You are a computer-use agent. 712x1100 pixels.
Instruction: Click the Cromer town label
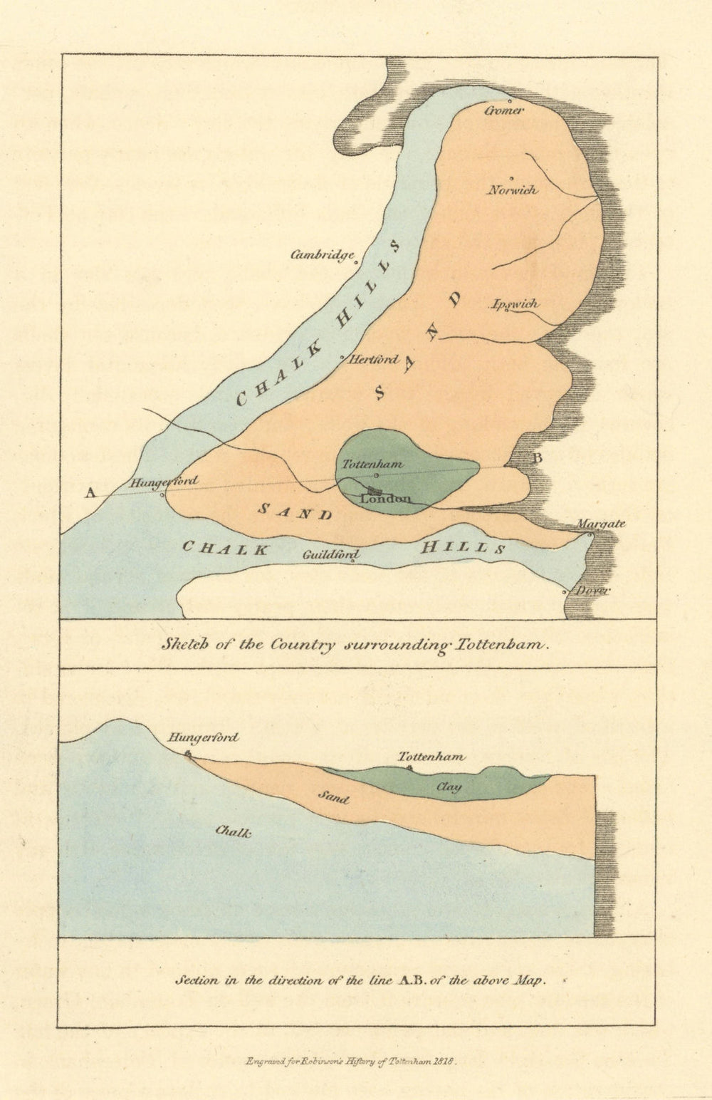tap(504, 110)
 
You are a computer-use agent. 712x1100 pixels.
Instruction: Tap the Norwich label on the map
tap(513, 190)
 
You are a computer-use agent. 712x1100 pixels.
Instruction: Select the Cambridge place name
tap(322, 255)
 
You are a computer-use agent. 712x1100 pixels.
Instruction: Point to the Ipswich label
tap(515, 304)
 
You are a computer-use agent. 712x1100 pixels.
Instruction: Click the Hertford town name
tap(373, 360)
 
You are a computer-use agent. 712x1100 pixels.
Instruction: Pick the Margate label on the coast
tap(600, 524)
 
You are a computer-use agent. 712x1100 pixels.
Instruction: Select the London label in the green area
tap(385, 499)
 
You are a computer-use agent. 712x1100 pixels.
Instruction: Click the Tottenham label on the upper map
tap(372, 464)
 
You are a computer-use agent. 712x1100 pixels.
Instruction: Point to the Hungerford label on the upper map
tap(165, 482)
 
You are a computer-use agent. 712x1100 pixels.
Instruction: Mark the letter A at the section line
tap(90, 492)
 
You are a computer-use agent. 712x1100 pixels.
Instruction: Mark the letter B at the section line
tap(538, 458)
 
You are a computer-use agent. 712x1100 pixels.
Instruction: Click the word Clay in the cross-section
tap(449, 787)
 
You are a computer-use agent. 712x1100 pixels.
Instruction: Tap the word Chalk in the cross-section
tap(233, 831)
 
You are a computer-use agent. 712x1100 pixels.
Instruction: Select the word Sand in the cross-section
tap(333, 798)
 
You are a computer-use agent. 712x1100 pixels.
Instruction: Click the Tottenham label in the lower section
tap(431, 757)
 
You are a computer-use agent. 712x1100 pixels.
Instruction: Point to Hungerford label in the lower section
tap(203, 738)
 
